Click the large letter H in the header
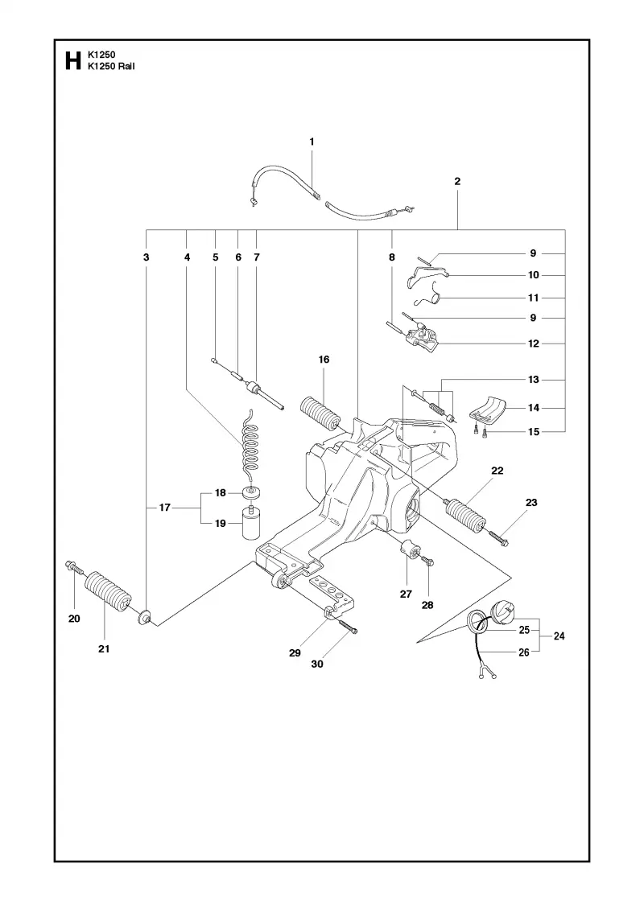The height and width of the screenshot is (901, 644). [73, 60]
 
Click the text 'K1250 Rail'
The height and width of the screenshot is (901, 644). [111, 66]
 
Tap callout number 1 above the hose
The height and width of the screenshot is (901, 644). [312, 142]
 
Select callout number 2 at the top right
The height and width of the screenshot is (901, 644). [457, 181]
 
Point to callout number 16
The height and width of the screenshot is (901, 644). [324, 360]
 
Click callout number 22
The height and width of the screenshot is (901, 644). [497, 471]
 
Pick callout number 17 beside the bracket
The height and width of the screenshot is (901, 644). [165, 508]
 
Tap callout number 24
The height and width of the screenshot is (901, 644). [559, 636]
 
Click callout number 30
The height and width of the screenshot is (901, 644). [317, 664]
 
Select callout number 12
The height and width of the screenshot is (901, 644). [534, 344]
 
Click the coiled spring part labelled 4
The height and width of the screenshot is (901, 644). [250, 442]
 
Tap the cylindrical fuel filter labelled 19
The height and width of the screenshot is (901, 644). [250, 522]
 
